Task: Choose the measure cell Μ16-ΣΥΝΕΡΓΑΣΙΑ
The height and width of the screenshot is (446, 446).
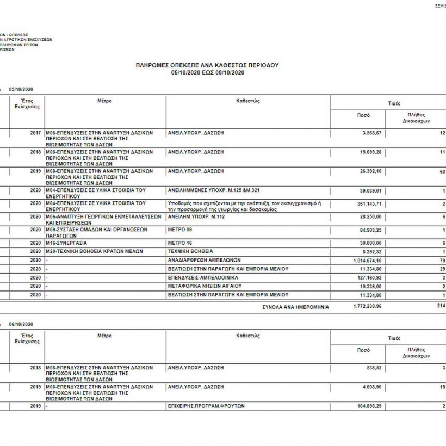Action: pos(66,243)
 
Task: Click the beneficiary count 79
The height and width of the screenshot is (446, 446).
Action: pos(442,261)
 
